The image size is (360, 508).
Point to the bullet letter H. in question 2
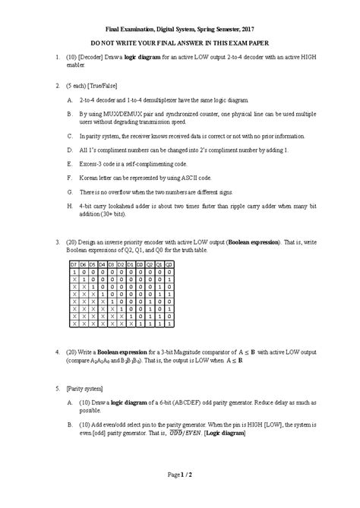[x=70, y=206]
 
